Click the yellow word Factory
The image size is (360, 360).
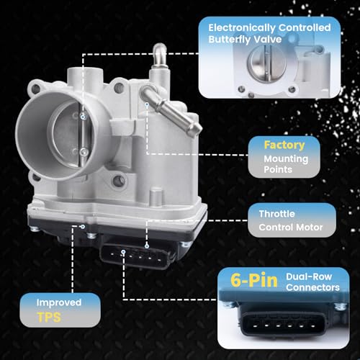pyautogui.click(x=284, y=145)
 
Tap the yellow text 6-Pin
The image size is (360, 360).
pyautogui.click(x=254, y=280)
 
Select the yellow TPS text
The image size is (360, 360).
pyautogui.click(x=49, y=318)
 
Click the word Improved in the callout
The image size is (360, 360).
pyautogui.click(x=59, y=302)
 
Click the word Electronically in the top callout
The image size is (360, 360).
pyautogui.click(x=242, y=28)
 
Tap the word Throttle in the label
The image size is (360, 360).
pyautogui.click(x=276, y=214)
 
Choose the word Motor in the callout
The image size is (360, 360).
pyautogui.click(x=310, y=228)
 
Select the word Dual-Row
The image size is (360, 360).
pyautogui.click(x=309, y=276)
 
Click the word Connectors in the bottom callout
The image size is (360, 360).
pyautogui.click(x=312, y=287)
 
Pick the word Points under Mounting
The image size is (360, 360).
pyautogui.click(x=278, y=170)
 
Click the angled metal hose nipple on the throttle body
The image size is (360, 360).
pyautogui.click(x=171, y=110)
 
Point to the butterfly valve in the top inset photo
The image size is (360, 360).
pyautogui.click(x=266, y=63)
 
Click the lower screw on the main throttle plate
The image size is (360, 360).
pyautogui.click(x=84, y=152)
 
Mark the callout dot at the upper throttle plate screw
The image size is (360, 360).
pyautogui.click(x=84, y=117)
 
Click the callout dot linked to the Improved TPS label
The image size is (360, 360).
pyautogui.click(x=83, y=227)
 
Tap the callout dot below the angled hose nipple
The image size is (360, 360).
pyautogui.click(x=147, y=104)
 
